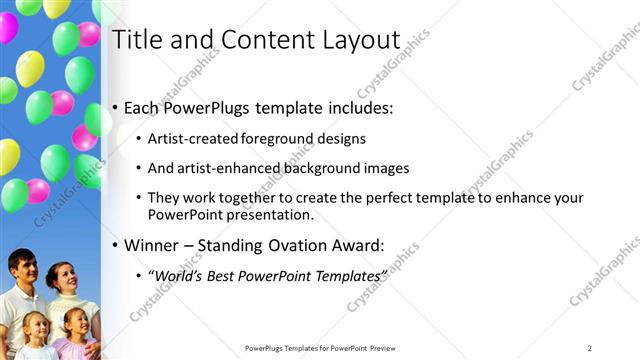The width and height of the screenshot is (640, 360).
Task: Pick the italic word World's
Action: click(x=176, y=274)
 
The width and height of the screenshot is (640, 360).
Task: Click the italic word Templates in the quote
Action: click(x=347, y=274)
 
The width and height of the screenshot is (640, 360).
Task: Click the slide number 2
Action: click(x=590, y=348)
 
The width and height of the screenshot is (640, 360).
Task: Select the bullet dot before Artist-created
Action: click(x=138, y=140)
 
